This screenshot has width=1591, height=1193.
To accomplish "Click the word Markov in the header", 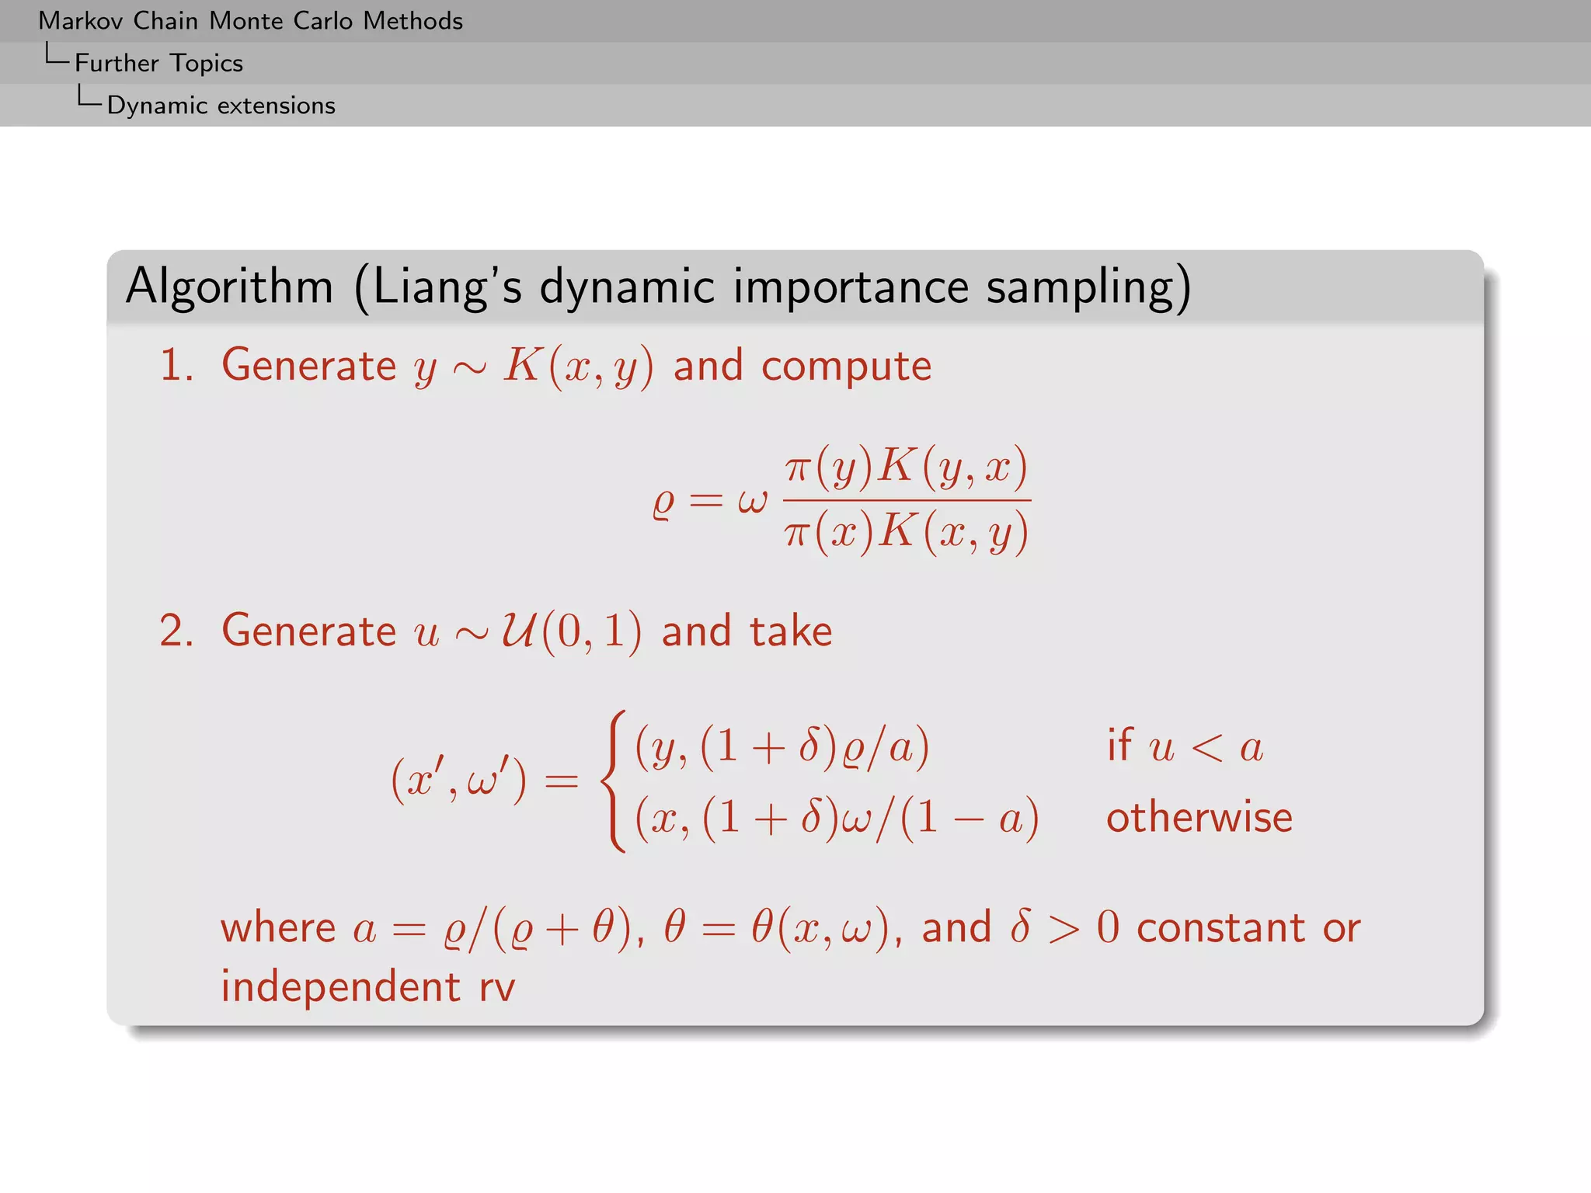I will (80, 21).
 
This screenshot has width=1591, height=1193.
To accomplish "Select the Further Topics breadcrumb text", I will (158, 63).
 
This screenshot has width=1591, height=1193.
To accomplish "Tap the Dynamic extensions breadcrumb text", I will (221, 105).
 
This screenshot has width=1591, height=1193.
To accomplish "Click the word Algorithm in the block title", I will (229, 286).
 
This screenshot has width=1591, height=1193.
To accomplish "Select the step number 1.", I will (176, 365).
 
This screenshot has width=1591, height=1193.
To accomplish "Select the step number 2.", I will (176, 630).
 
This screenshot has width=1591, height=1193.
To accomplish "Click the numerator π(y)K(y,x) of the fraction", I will (906, 468).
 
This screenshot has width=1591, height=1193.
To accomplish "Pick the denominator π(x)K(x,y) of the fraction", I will (906, 533).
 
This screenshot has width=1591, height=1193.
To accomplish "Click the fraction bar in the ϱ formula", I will (906, 500).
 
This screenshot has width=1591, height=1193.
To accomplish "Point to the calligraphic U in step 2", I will (517, 630).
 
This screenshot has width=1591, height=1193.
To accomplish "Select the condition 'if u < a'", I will (1185, 747).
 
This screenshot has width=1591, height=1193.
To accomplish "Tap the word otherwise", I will (1199, 818).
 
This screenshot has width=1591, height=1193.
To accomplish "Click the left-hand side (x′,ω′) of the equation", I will (458, 781).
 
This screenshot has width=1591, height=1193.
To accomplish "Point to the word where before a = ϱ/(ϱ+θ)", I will (278, 928).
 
